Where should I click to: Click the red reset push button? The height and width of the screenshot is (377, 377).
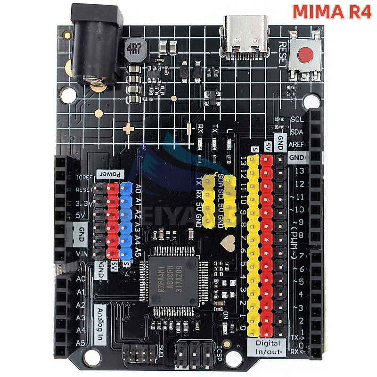coord(307,56)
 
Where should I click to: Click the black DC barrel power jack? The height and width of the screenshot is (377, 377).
coord(94,45)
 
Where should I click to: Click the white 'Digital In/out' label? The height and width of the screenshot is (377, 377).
coord(267,346)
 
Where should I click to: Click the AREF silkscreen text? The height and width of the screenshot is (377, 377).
coord(297,144)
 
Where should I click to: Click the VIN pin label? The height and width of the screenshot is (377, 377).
coord(81,253)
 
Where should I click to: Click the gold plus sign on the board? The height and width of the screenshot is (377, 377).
coord(129,128)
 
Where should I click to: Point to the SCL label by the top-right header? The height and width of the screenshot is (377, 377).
coord(297,120)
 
